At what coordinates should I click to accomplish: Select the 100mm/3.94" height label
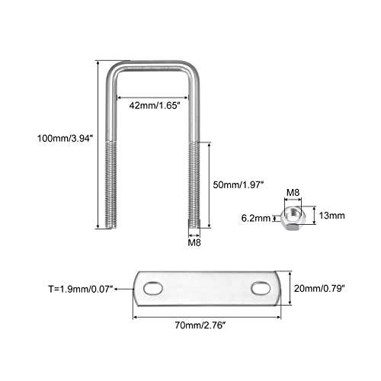coord(66,139)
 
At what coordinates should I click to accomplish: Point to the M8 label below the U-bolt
coord(194,243)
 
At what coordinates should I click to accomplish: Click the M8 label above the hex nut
coord(293,193)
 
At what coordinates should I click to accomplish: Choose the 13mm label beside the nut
coord(331,216)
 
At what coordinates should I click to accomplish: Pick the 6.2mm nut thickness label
coord(256,218)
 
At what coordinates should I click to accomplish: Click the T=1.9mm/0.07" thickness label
coord(81,289)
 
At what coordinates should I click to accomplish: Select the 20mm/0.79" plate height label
coord(319,288)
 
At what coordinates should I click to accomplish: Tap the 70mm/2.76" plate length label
coord(200,325)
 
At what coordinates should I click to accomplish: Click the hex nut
coord(291,218)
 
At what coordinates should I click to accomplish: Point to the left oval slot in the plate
coord(153,289)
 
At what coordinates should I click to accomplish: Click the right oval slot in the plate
coord(261,288)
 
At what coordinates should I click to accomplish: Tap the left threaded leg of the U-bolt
coord(111,184)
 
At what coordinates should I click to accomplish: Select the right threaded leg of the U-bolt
coord(194,184)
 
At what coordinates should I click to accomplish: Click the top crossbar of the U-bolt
coord(152,65)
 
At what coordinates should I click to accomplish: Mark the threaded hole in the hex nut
coord(293,213)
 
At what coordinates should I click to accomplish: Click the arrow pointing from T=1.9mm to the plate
coord(123,289)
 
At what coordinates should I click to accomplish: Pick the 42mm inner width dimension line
coord(152,98)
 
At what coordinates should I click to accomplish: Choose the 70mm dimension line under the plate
coord(207,317)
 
